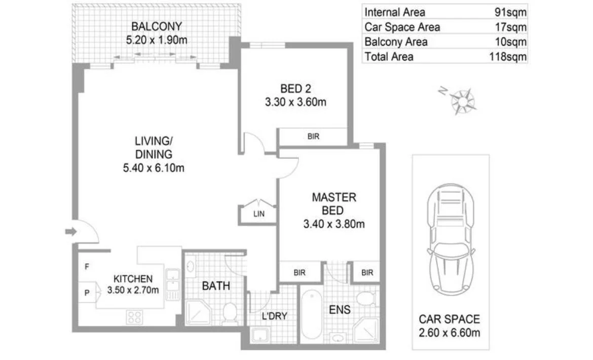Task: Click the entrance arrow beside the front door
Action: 70,232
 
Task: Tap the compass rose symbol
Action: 463,100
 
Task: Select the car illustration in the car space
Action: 451,239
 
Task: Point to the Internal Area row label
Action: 395,12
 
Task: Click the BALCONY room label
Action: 156,26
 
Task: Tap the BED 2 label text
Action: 295,88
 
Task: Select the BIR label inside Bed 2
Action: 313,136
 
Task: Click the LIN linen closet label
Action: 259,214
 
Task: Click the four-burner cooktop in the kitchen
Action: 135,317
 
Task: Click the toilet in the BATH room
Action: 230,313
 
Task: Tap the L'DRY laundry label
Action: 274,316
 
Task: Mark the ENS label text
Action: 339,309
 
